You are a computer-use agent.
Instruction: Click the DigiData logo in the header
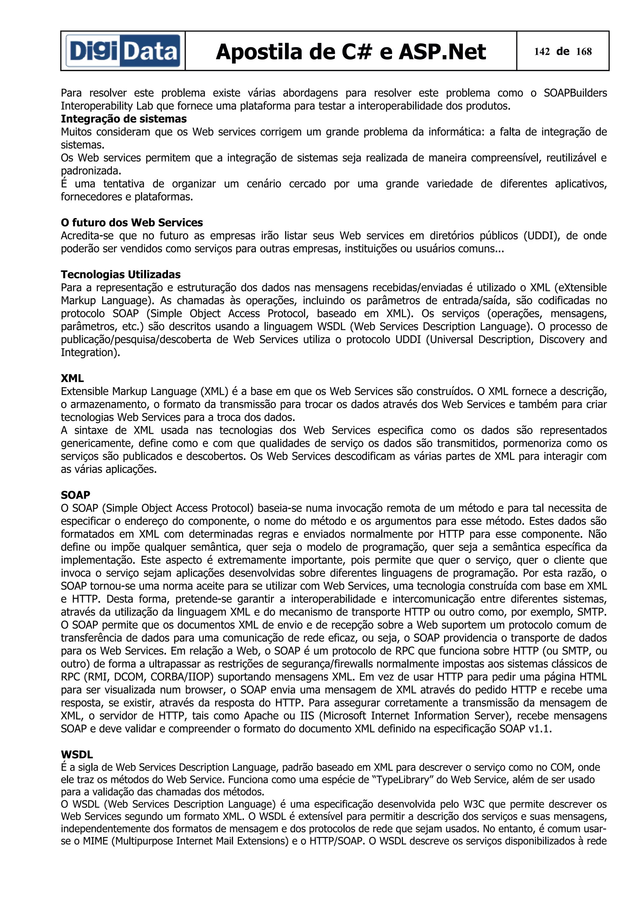tap(123, 51)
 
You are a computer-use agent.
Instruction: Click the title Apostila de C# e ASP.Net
tap(351, 52)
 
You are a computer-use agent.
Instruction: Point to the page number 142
tap(542, 51)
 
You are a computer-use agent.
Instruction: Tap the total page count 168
tap(584, 51)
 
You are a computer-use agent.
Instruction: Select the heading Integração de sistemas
tap(123, 119)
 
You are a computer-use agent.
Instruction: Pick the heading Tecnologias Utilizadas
tap(121, 275)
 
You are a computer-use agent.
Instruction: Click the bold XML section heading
tap(72, 378)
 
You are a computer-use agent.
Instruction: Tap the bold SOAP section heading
tap(75, 495)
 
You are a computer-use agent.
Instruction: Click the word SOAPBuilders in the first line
tap(575, 93)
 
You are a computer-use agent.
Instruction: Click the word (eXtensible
tap(581, 288)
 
